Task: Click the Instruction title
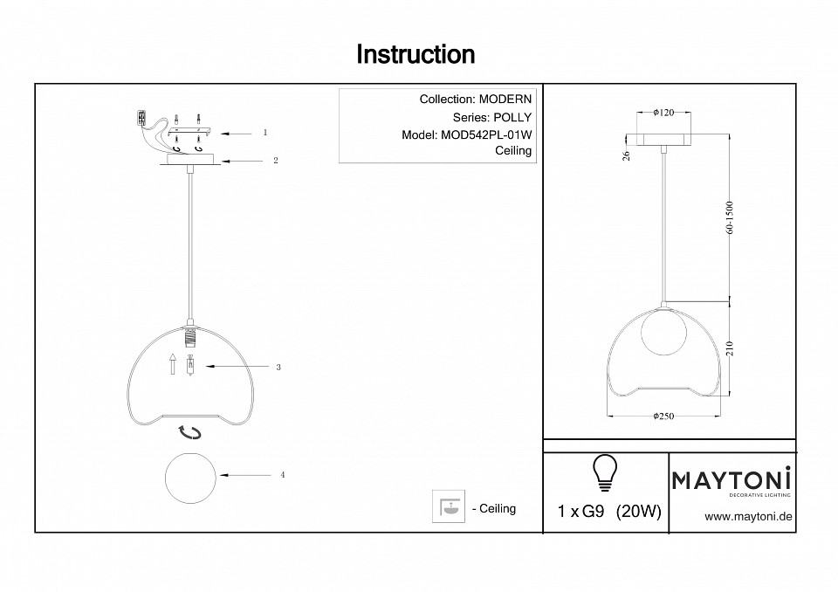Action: pyautogui.click(x=416, y=54)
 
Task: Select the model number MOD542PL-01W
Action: pyautogui.click(x=486, y=135)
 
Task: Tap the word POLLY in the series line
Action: pyautogui.click(x=512, y=118)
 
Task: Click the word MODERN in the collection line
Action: pyautogui.click(x=505, y=99)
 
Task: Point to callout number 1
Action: pyautogui.click(x=265, y=132)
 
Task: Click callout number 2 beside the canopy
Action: pyautogui.click(x=275, y=161)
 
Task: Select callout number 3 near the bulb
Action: pyautogui.click(x=278, y=367)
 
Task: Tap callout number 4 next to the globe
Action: pyautogui.click(x=282, y=475)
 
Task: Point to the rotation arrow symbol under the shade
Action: pyautogui.click(x=189, y=432)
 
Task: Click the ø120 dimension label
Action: pyautogui.click(x=663, y=113)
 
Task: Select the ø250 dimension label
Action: pyautogui.click(x=663, y=416)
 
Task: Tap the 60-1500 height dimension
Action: pyautogui.click(x=731, y=217)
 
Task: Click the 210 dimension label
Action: pyautogui.click(x=731, y=348)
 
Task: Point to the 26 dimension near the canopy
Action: pyautogui.click(x=627, y=155)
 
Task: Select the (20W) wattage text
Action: pyautogui.click(x=639, y=512)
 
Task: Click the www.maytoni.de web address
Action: pyautogui.click(x=748, y=517)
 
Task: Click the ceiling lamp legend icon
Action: pyautogui.click(x=449, y=506)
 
